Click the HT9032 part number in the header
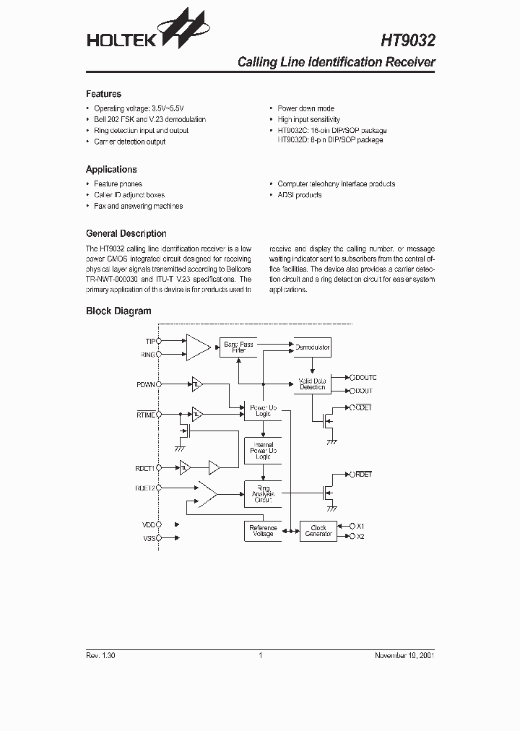407,38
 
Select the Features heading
103,94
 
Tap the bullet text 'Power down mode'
305,108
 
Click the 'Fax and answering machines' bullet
138,206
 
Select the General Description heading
126,233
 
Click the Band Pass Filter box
238,347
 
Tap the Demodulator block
312,347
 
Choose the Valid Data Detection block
312,384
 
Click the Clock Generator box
318,531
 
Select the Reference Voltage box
262,531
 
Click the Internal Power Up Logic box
262,451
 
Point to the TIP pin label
150,341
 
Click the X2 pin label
360,537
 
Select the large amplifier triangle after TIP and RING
196,347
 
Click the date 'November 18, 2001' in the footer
404,655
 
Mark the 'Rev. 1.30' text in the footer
100,655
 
